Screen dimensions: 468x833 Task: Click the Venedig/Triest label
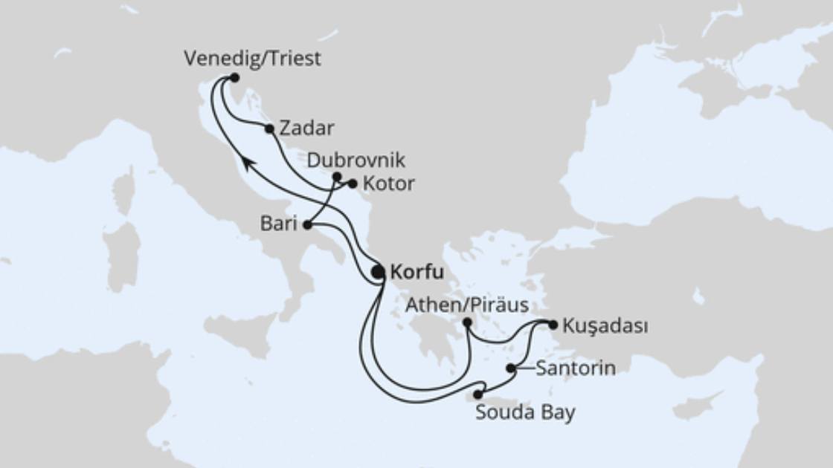253,59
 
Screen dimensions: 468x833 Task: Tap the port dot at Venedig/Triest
234,77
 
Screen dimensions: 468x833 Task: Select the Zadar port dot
269,129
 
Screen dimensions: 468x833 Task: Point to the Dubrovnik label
356,160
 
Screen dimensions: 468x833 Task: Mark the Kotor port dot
353,183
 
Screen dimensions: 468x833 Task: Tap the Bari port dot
307,225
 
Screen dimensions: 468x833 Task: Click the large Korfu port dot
378,273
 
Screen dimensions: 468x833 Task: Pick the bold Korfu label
416,273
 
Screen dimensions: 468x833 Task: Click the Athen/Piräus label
467,305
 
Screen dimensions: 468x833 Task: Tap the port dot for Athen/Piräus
466,322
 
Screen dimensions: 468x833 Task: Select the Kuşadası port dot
553,324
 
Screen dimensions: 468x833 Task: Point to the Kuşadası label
605,325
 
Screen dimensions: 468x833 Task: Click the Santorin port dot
510,368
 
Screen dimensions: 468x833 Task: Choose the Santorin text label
575,368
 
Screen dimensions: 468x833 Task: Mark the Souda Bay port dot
477,394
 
